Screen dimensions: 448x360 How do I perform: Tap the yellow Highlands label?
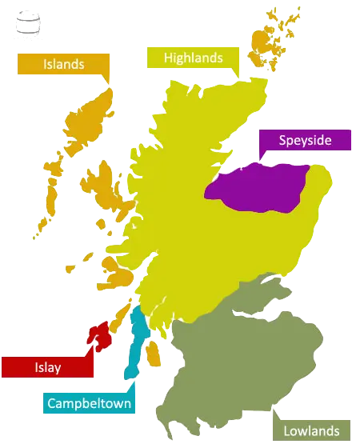coord(192,58)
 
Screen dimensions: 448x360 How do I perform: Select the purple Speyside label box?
coord(305,141)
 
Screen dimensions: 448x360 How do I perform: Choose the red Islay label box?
coord(47,367)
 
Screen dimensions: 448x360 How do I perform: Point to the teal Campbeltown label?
coord(89,402)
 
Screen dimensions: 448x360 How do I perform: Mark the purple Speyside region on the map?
coord(260,189)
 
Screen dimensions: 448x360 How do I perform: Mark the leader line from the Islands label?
coord(106,80)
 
